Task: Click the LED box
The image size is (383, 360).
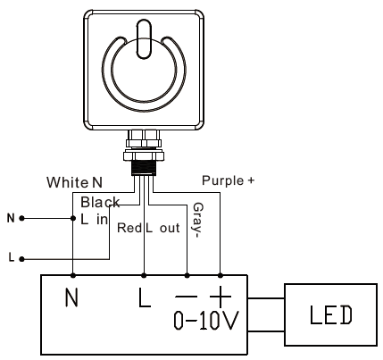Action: tap(330, 314)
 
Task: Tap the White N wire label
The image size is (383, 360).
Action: tap(74, 182)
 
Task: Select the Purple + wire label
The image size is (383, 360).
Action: tap(229, 180)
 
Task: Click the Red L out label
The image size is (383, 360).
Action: tap(148, 228)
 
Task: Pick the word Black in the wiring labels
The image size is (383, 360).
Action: tap(100, 203)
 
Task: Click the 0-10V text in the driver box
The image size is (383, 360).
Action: tap(206, 321)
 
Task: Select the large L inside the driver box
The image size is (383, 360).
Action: tap(145, 297)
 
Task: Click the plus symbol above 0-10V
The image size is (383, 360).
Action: tap(221, 297)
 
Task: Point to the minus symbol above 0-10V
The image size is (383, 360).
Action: tap(187, 297)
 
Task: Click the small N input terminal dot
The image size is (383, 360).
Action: tap(21, 218)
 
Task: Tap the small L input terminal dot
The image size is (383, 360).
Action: tap(21, 259)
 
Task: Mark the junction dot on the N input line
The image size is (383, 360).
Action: tap(73, 218)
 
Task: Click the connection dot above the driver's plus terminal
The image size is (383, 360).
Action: tap(221, 275)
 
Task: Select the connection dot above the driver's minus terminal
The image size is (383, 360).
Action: tap(187, 275)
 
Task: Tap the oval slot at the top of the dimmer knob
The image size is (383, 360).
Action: tap(144, 38)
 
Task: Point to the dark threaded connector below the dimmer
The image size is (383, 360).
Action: tap(144, 168)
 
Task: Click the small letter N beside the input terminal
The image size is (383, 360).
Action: tap(11, 218)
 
